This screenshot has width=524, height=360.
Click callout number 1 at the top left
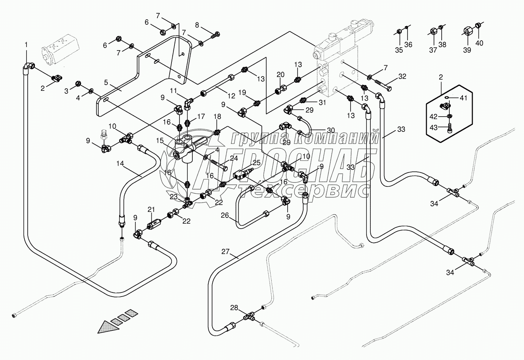tap(26, 45)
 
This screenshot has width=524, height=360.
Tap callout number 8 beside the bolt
tap(197, 25)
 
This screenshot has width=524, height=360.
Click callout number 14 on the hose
tap(120, 163)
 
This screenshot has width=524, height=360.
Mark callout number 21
tap(151, 210)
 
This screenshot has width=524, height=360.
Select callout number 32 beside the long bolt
tap(402, 76)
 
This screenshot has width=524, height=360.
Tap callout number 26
tap(225, 215)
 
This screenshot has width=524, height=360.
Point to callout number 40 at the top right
tap(480, 43)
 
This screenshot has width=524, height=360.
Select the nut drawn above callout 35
tap(399, 31)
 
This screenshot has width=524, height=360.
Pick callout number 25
tap(256, 162)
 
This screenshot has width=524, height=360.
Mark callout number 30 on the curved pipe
tap(330, 130)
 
